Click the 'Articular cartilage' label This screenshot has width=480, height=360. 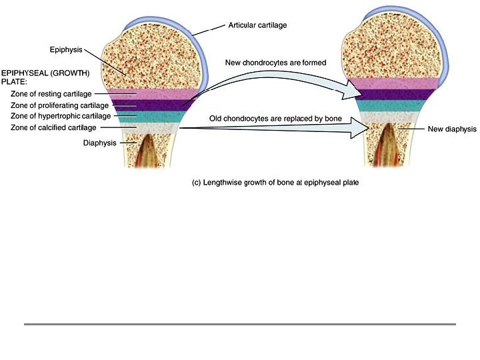(x=259, y=25)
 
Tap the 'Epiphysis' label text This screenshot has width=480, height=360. (x=65, y=49)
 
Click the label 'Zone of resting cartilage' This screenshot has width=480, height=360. (x=51, y=95)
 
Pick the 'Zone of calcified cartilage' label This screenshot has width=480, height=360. (x=53, y=127)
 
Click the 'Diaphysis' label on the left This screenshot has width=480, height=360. (x=100, y=143)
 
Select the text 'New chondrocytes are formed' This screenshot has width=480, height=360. (x=275, y=63)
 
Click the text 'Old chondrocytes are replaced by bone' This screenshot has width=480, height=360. (x=275, y=119)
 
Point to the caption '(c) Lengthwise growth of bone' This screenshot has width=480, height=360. (x=275, y=183)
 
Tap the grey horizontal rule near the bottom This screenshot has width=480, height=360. (x=240, y=325)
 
